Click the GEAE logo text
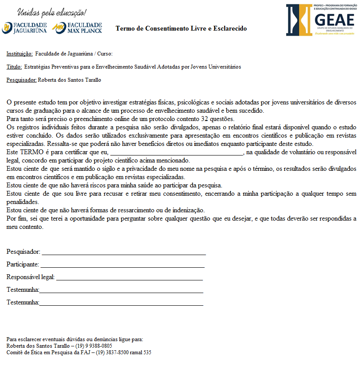pyautogui.click(x=333, y=20)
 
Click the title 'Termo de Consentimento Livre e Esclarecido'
pyautogui.click(x=181, y=29)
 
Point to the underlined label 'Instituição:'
pyautogui.click(x=20, y=54)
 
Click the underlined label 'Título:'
pyautogui.click(x=14, y=67)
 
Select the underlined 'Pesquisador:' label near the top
pyautogui.click(x=21, y=80)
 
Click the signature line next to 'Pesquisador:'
pyautogui.click(x=123, y=253)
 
